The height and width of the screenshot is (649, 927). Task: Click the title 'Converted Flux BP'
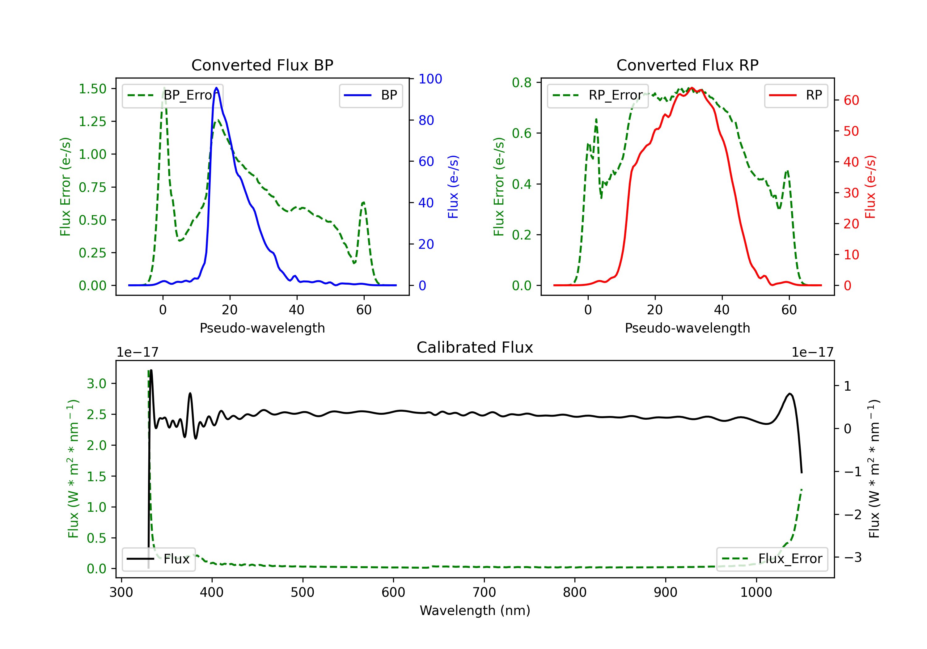tap(262, 65)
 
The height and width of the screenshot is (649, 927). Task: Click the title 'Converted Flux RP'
tap(687, 65)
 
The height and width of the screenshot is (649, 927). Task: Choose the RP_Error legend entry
tap(598, 95)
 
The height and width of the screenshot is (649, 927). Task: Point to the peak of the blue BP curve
tap(216, 88)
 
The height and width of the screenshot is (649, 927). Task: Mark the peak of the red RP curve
tap(692, 88)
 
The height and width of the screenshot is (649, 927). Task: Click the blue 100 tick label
tap(430, 79)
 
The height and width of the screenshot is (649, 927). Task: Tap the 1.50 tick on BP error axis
tap(92, 89)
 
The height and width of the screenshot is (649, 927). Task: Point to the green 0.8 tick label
tap(522, 83)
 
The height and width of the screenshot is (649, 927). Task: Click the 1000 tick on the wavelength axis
tap(756, 592)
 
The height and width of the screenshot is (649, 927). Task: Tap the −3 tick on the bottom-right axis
tap(853, 557)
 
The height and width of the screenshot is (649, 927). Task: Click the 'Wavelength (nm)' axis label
tap(475, 610)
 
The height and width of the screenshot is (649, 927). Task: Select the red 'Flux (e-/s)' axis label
tap(870, 187)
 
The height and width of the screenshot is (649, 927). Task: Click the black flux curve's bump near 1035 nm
tap(790, 393)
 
